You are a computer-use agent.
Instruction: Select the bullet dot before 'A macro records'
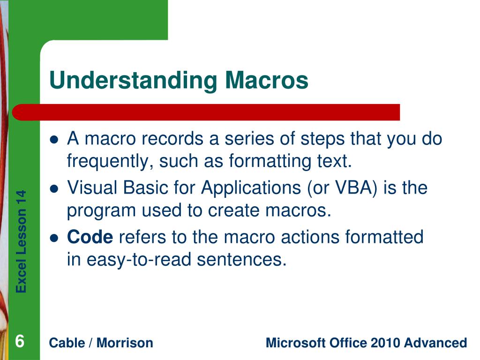pyautogui.click(x=54, y=140)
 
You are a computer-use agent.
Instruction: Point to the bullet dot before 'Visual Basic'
pyautogui.click(x=54, y=189)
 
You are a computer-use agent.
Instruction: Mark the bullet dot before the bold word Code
pyautogui.click(x=54, y=238)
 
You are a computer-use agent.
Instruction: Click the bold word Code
pyautogui.click(x=90, y=237)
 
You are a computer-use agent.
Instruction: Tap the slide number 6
pyautogui.click(x=20, y=341)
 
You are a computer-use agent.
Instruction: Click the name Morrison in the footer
pyautogui.click(x=125, y=343)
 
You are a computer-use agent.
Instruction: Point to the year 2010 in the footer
pyautogui.click(x=386, y=343)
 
